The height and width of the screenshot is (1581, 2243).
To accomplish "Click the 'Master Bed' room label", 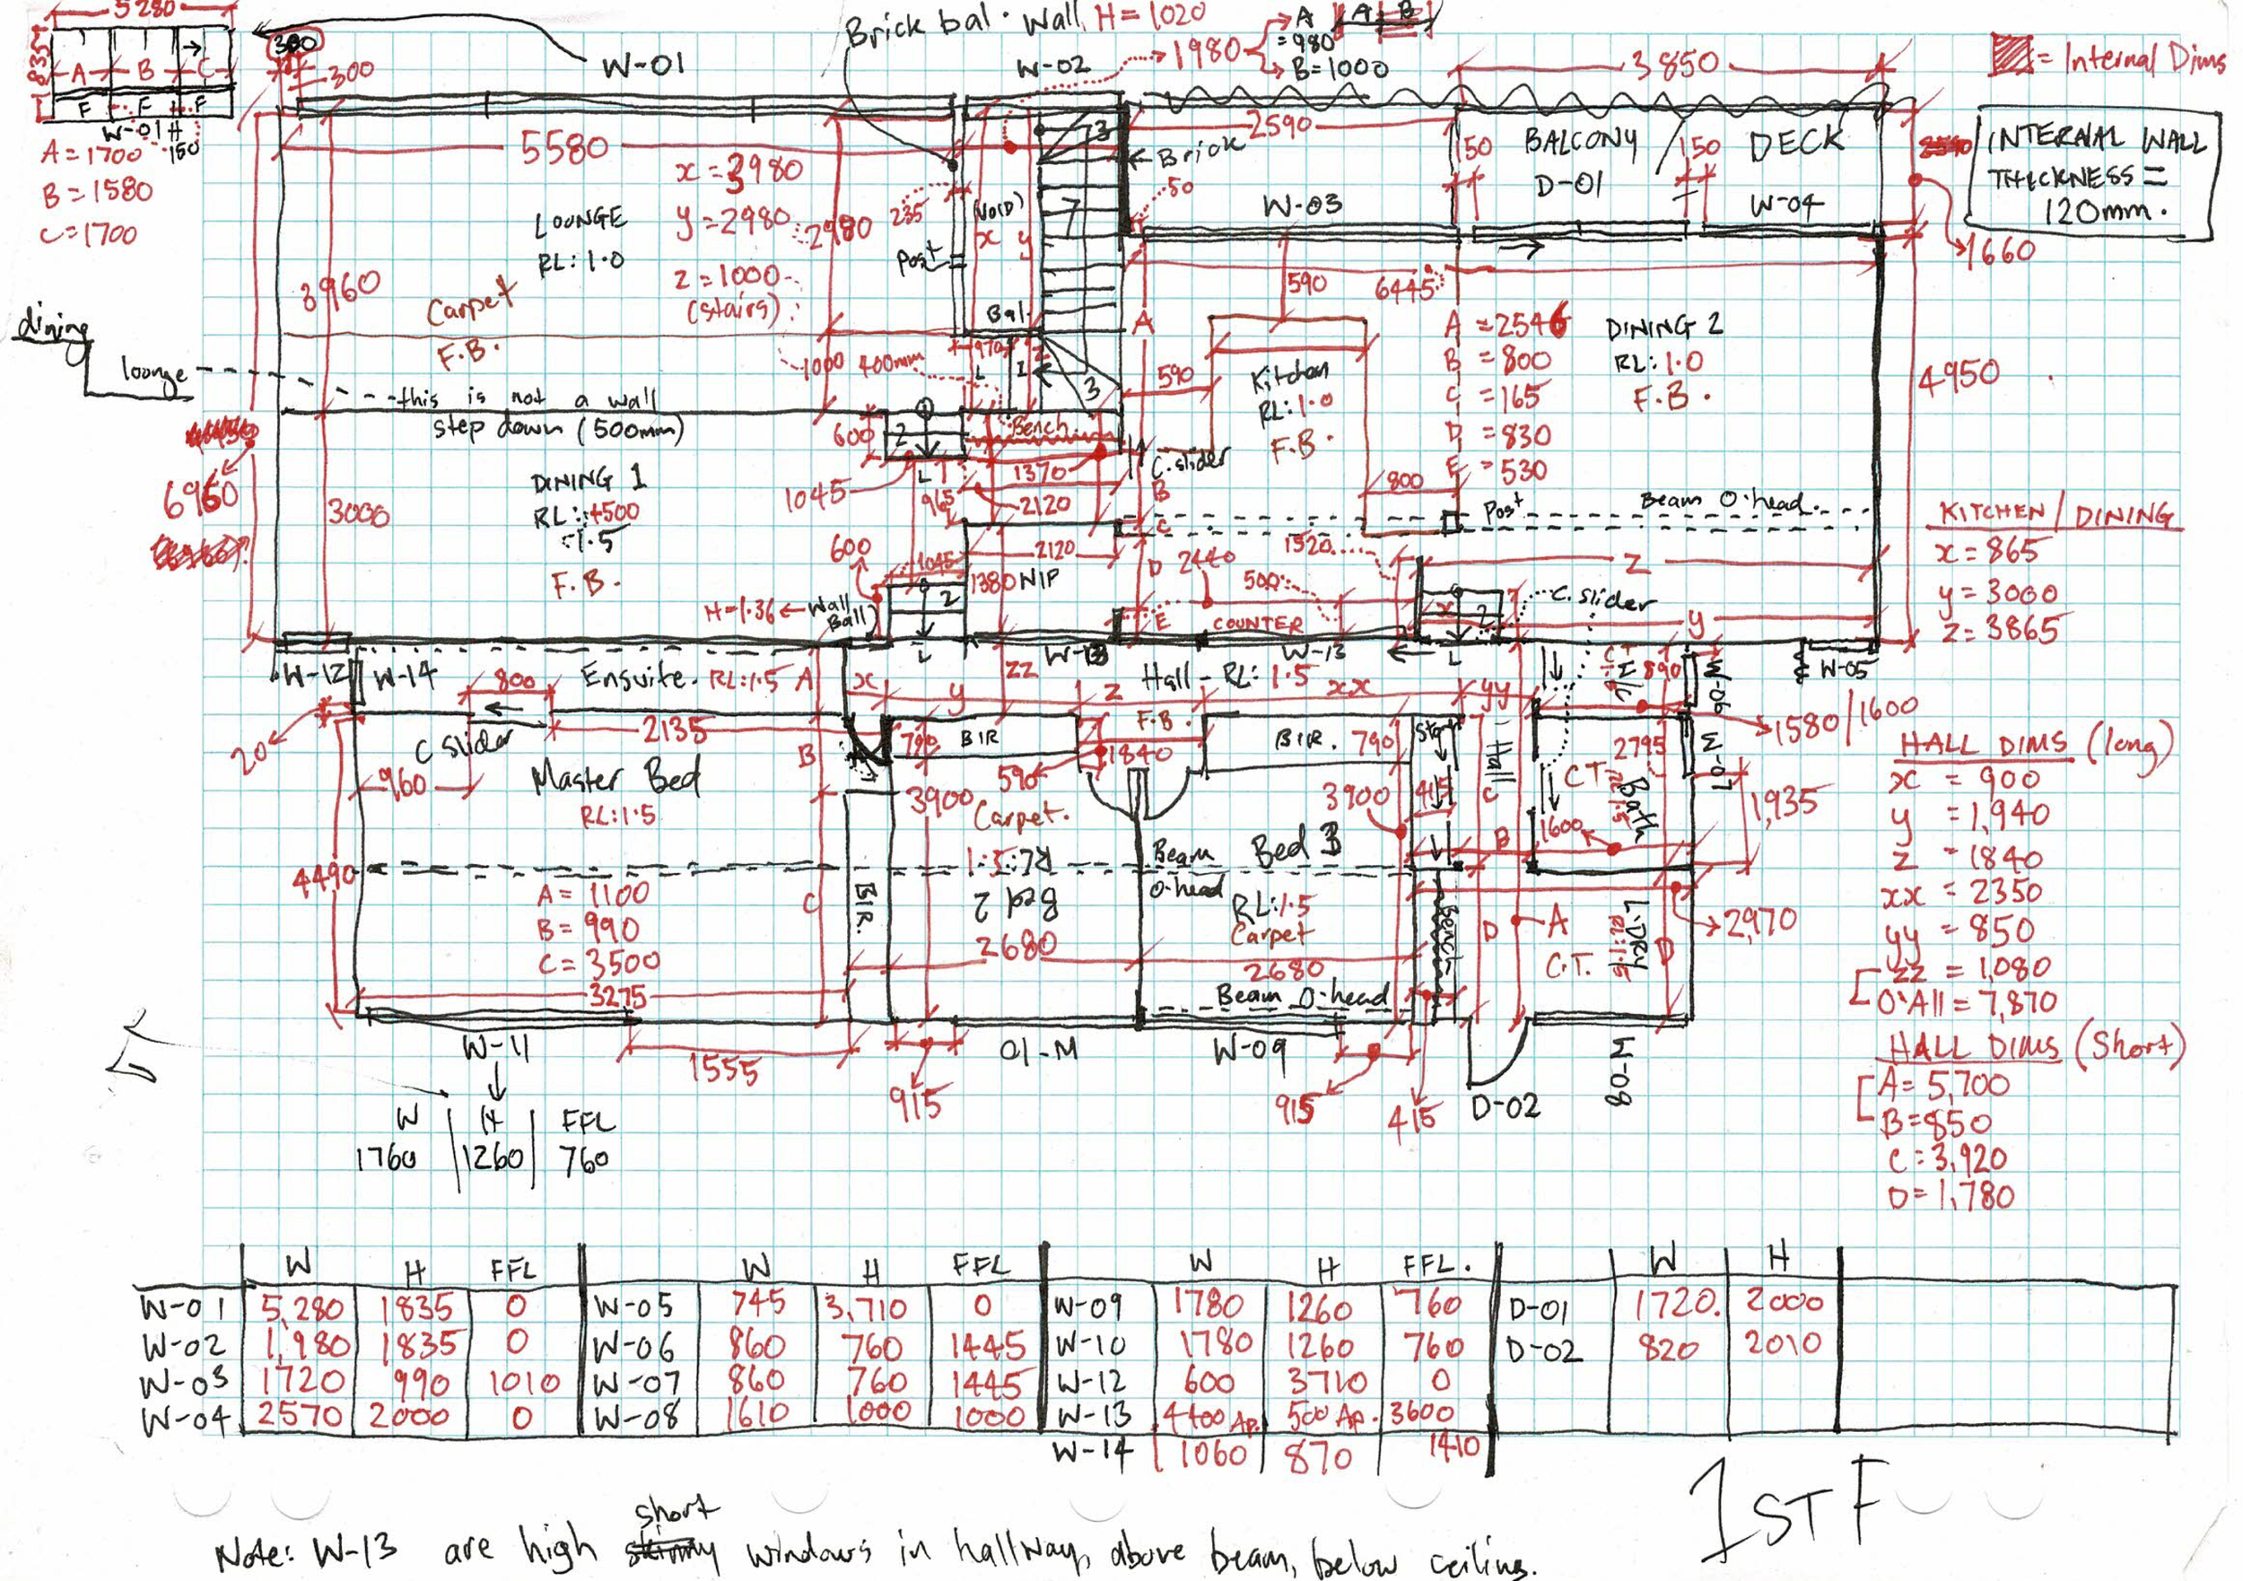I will (x=616, y=778).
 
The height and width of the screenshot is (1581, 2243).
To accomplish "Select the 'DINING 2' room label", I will (x=1663, y=328).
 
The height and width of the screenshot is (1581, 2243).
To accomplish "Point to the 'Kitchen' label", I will (x=1288, y=375).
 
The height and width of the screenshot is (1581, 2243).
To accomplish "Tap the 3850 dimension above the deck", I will (x=1673, y=64).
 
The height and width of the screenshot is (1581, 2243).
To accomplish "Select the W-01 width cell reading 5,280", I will (x=301, y=1308).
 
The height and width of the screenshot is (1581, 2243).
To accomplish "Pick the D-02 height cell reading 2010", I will (x=1783, y=1342).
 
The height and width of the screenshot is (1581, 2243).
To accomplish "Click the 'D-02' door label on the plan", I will (x=1506, y=1106).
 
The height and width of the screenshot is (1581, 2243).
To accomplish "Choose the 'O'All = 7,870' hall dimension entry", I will (x=1964, y=1001).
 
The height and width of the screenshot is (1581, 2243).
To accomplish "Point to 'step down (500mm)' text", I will (x=559, y=428).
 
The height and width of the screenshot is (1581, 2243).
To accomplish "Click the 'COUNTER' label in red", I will (x=1256, y=624).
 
